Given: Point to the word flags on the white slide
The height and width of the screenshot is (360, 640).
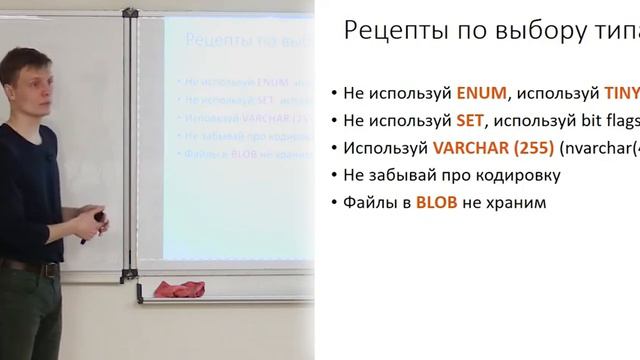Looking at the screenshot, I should (617, 120).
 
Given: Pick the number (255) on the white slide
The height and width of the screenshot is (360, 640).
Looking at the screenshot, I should (526, 147).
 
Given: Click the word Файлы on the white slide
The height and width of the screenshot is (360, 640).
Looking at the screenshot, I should (371, 202).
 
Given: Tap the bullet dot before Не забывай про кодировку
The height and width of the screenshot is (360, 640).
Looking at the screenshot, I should (334, 176).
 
